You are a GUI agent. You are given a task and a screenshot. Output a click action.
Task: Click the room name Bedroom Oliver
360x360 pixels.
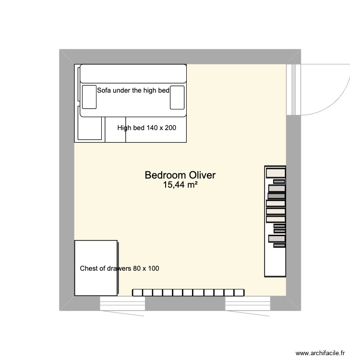(x=180, y=176)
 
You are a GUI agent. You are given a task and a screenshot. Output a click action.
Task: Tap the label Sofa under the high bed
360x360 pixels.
(x=133, y=90)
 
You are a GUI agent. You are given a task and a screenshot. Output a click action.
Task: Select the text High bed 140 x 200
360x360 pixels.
(x=146, y=128)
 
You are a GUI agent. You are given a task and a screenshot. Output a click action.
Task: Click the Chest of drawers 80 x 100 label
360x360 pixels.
(x=120, y=268)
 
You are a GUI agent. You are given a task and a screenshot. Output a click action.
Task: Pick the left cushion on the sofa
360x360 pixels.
(x=89, y=96)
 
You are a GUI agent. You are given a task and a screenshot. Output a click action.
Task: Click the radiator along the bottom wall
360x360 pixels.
(x=188, y=292)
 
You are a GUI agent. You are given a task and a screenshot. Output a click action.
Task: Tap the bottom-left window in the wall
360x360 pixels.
(x=122, y=304)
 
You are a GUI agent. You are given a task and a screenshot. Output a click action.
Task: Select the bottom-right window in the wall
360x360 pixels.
(x=247, y=304)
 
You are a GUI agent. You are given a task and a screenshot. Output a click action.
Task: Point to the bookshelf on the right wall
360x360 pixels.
(x=275, y=221)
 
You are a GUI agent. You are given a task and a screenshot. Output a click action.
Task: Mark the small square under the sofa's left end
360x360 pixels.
(x=90, y=129)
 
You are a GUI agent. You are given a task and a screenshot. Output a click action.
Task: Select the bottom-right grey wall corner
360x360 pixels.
(x=293, y=304)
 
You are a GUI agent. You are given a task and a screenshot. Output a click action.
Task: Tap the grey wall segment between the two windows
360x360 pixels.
(x=185, y=304)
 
